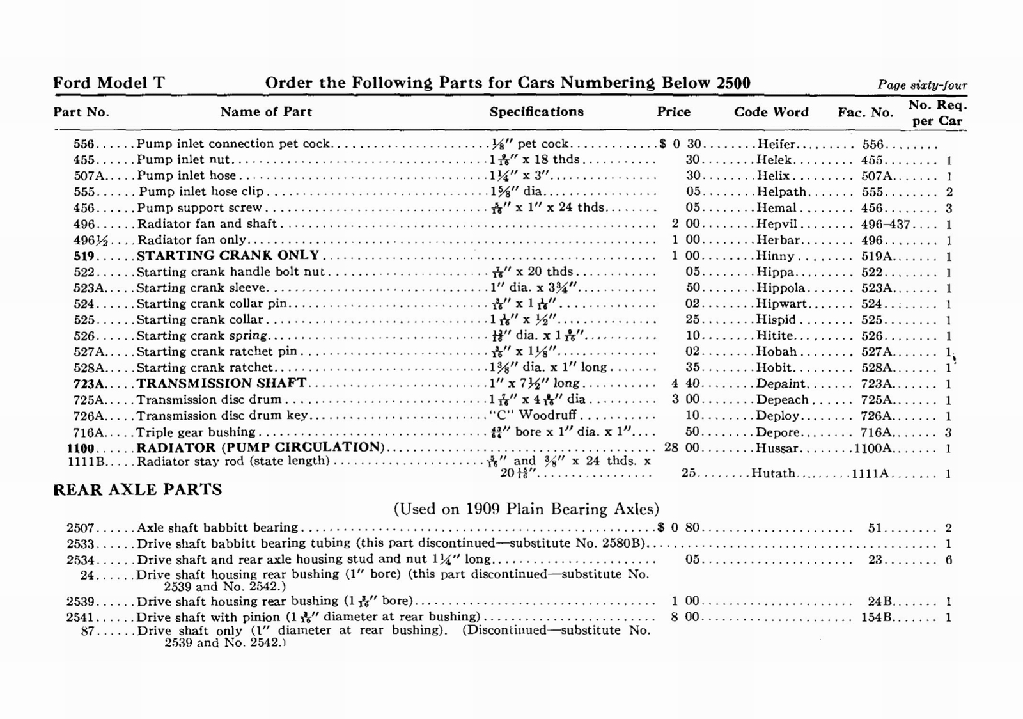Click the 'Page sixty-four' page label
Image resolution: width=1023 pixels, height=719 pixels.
click(x=922, y=85)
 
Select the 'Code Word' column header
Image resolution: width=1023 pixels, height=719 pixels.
click(x=771, y=112)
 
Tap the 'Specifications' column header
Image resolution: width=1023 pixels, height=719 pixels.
click(x=536, y=112)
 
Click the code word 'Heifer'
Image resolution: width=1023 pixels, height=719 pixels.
click(x=776, y=145)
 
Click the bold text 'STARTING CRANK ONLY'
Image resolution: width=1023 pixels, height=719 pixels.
click(x=228, y=255)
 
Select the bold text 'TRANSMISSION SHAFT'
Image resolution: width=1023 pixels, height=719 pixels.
click(x=221, y=383)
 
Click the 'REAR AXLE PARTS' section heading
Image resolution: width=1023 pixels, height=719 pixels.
click(x=137, y=490)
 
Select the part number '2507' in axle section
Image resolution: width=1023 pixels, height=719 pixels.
click(x=81, y=528)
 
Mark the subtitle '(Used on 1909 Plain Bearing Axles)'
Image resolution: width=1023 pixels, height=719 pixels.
click(x=526, y=509)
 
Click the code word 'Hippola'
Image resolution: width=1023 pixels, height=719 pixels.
click(x=781, y=288)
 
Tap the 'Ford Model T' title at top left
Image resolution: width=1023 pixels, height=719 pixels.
click(x=109, y=83)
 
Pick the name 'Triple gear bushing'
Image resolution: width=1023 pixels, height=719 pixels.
click(x=196, y=432)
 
